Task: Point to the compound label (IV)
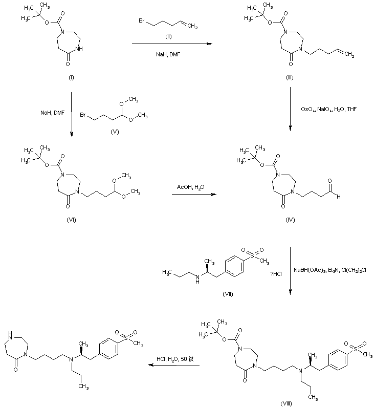[290, 219]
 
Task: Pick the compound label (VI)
[71, 219]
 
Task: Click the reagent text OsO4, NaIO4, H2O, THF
[326, 108]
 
